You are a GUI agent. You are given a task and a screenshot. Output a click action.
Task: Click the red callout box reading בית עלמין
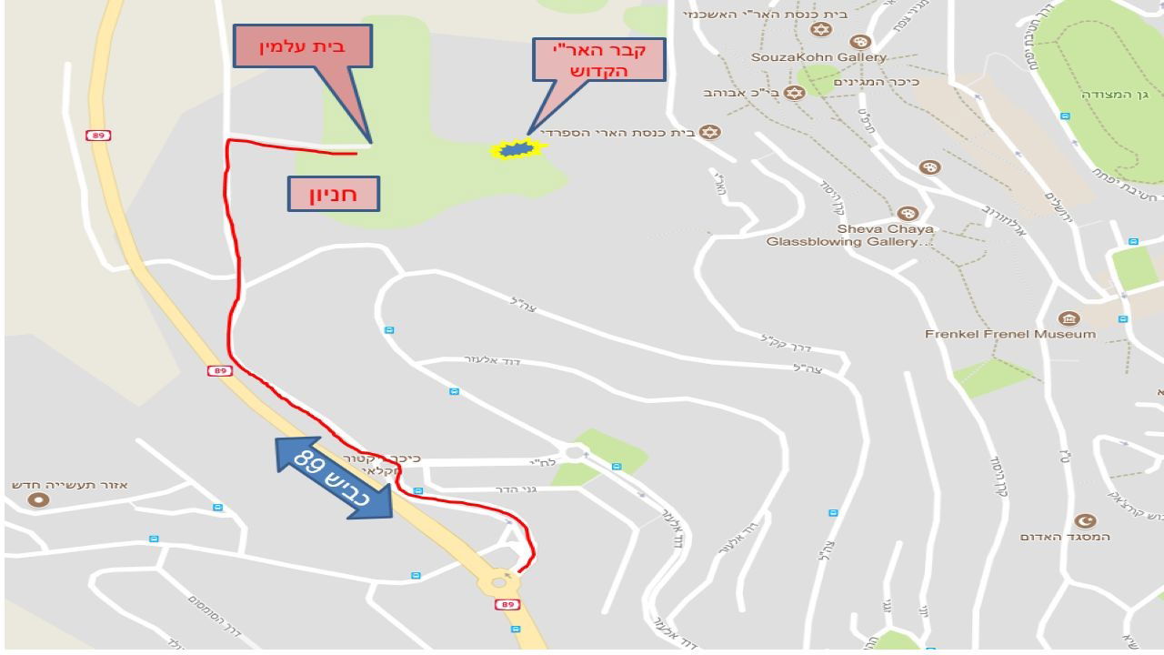click(x=303, y=46)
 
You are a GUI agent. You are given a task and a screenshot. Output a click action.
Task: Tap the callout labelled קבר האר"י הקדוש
click(x=599, y=60)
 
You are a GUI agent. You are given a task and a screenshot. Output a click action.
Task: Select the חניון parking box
click(x=333, y=194)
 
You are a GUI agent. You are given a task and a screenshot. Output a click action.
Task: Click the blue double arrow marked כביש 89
click(x=334, y=478)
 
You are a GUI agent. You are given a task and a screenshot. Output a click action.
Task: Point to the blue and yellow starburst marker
click(x=516, y=148)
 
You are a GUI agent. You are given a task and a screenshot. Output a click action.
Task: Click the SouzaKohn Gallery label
click(x=818, y=57)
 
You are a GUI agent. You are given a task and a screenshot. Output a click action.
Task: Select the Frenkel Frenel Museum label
click(x=1010, y=334)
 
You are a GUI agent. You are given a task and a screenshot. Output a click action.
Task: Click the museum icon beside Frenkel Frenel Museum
click(x=1069, y=318)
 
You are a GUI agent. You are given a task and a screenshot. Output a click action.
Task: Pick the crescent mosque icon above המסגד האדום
click(x=1084, y=520)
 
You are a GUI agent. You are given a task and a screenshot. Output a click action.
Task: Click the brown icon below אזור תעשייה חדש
click(x=38, y=499)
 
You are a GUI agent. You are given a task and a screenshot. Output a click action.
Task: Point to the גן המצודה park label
click(x=1115, y=94)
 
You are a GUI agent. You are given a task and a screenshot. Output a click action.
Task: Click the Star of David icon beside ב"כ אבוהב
click(x=794, y=93)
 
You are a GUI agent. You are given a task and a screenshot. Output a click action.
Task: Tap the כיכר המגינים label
click(x=877, y=82)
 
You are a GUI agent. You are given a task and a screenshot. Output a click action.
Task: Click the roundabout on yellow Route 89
click(x=498, y=582)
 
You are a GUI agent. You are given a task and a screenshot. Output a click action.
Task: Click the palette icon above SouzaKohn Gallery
click(x=859, y=42)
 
